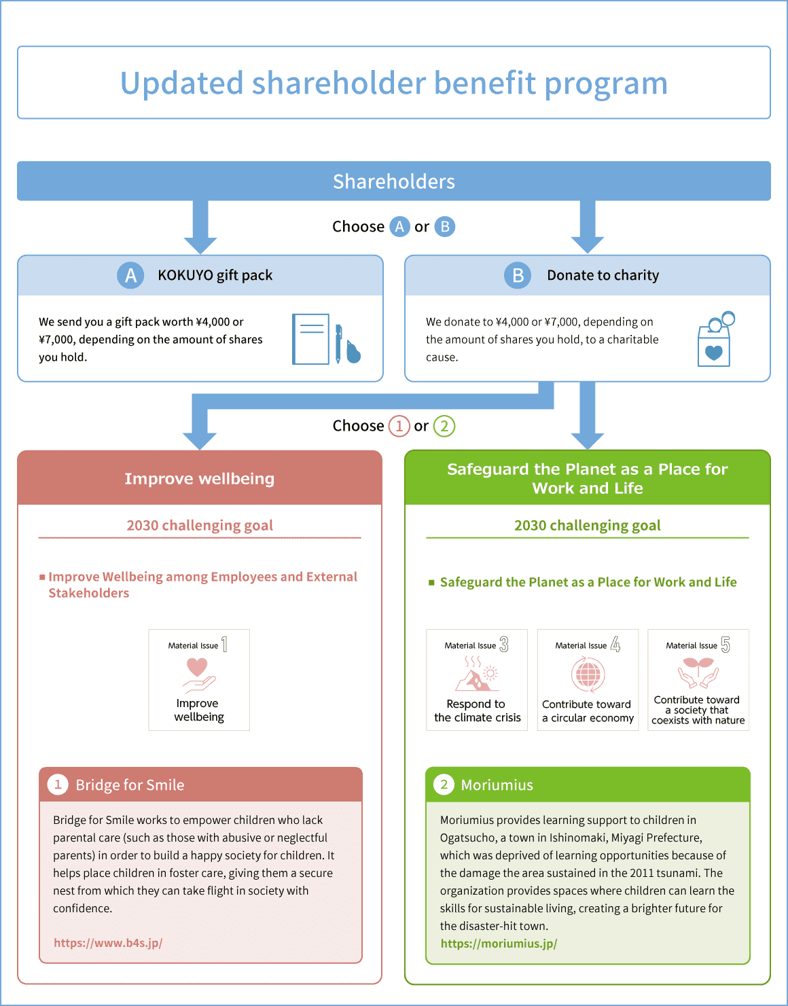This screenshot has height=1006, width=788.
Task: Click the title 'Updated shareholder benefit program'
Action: (393, 84)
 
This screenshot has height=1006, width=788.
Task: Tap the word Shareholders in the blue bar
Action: (394, 181)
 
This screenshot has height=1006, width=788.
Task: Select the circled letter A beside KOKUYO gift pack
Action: (130, 276)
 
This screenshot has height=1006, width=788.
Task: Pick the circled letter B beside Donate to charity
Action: (518, 276)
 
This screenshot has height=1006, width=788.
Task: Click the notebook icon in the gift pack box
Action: (310, 339)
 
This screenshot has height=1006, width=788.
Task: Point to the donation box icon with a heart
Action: (716, 340)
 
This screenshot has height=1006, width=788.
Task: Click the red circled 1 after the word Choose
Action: (399, 426)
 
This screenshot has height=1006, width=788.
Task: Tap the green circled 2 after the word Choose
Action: (444, 426)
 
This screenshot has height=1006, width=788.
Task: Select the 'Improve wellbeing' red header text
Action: (200, 479)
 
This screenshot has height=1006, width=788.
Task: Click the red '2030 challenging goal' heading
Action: (200, 526)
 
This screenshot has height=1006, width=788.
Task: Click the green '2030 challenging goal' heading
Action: (587, 526)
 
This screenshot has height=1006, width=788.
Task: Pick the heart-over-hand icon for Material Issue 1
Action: (199, 675)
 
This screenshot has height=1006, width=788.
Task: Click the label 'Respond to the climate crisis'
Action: (478, 711)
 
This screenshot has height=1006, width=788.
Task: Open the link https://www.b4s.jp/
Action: (108, 943)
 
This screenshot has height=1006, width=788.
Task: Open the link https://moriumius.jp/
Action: (499, 944)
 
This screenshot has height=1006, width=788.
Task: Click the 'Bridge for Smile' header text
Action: (130, 785)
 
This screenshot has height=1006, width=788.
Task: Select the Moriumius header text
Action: (497, 785)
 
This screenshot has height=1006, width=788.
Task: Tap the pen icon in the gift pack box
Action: (338, 344)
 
